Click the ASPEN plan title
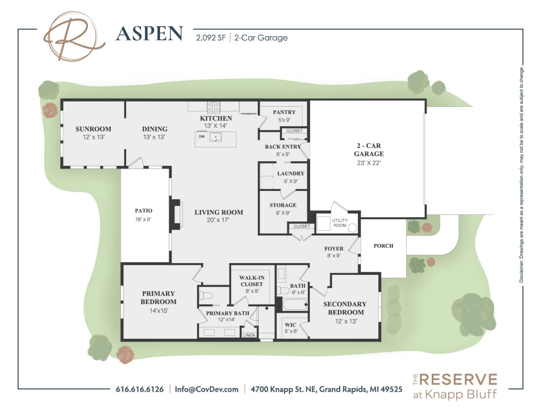tap(149, 34)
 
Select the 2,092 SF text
tap(211, 38)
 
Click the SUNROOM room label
tap(93, 129)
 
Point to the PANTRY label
tap(284, 112)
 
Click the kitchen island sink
tap(215, 137)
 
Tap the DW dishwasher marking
tap(202, 136)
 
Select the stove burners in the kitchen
tap(214, 107)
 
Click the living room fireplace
tap(176, 214)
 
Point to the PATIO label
tap(143, 211)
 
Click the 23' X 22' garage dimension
tap(369, 163)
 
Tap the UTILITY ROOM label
tap(339, 223)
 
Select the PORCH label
tap(383, 246)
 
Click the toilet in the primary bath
tap(206, 295)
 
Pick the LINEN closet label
tap(249, 335)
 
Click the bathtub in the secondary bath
tap(295, 304)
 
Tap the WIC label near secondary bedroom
tap(290, 325)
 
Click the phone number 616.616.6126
tap(140, 389)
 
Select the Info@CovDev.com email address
tap(206, 389)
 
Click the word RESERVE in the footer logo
tap(459, 380)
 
